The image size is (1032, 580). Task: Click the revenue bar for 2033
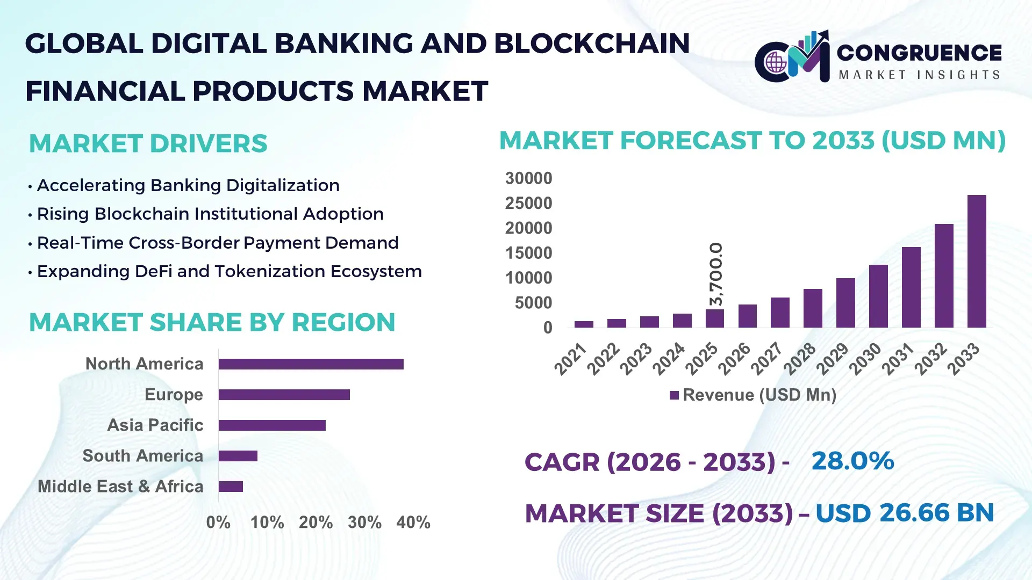[977, 262]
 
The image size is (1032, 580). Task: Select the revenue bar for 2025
[714, 318]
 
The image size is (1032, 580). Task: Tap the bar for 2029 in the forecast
[845, 303]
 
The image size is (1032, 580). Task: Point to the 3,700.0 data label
[716, 274]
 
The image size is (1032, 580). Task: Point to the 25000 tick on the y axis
[528, 203]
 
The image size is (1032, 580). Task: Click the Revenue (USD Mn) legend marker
[674, 395]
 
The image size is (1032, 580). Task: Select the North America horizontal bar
[311, 364]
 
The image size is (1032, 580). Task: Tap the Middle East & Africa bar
[231, 487]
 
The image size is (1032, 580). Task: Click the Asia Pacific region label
[155, 425]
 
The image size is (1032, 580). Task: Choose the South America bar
[238, 456]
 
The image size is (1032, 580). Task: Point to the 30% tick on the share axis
[364, 522]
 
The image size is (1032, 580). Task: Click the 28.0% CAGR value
[852, 461]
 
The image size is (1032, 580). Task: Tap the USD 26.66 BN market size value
[904, 512]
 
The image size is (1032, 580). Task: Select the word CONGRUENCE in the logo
[919, 53]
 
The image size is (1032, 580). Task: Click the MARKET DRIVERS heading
[148, 143]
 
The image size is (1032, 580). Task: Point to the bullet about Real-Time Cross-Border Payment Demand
[217, 243]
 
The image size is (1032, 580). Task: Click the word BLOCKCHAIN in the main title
[591, 43]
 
